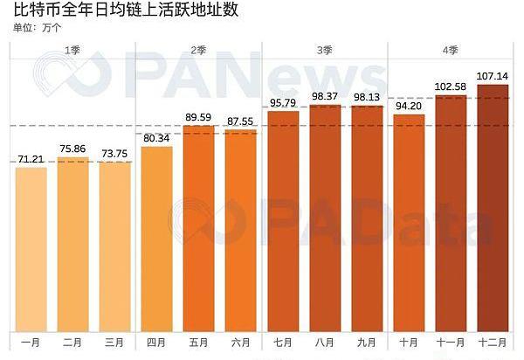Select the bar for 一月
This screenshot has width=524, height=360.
[31, 249]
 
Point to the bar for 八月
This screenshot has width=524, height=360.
[325, 218]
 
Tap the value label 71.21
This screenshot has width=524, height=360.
[31, 159]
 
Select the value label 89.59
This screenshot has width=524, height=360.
[198, 117]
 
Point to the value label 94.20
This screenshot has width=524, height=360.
[409, 107]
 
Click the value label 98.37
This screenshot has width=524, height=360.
[325, 96]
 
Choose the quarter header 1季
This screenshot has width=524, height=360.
[73, 51]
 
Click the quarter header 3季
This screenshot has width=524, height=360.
[325, 51]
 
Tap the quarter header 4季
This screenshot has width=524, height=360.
[451, 51]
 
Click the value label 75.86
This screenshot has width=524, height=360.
[73, 149]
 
